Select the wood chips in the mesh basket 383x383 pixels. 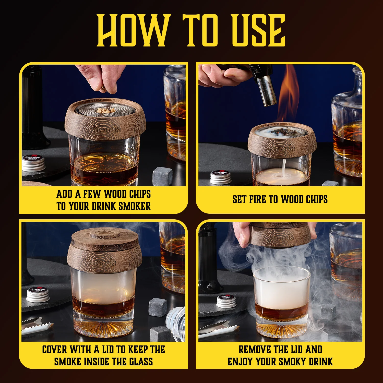click(104, 111)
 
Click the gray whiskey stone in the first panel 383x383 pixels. click(162, 176)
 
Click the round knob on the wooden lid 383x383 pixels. click(105, 234)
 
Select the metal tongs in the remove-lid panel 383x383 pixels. click(217, 331)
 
